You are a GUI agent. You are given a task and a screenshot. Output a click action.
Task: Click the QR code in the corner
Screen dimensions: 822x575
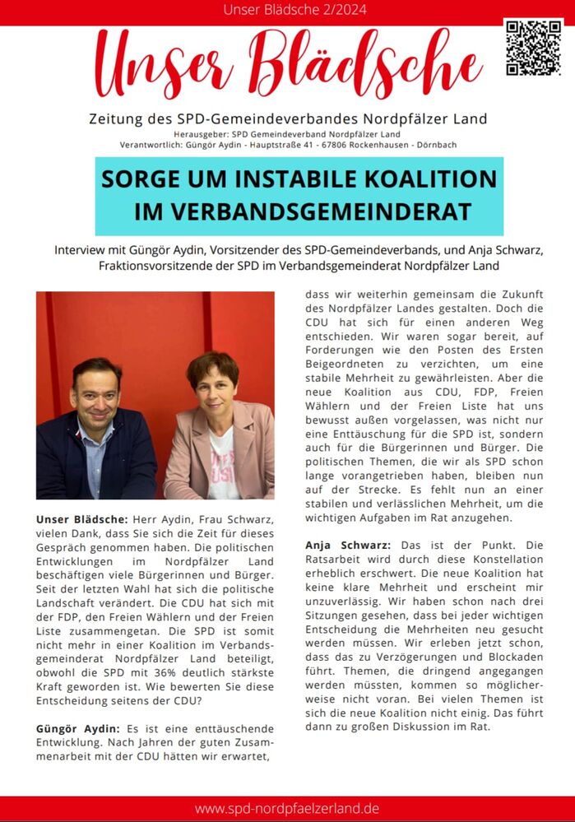point(533,47)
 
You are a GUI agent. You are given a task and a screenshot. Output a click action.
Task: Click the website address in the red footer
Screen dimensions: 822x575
point(287,808)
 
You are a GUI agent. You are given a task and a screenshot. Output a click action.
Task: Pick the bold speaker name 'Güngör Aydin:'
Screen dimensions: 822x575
point(77,729)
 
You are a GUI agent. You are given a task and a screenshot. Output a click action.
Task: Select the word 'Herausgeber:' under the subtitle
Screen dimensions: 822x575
point(202,134)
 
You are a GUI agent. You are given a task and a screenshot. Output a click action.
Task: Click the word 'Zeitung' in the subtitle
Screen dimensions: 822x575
point(114,118)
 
